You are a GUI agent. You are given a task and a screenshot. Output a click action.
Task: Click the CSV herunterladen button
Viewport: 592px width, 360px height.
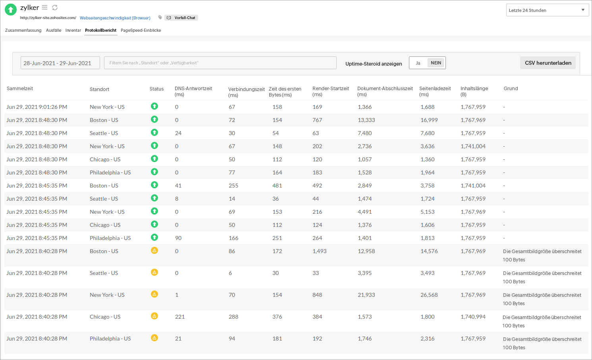pyautogui.click(x=548, y=63)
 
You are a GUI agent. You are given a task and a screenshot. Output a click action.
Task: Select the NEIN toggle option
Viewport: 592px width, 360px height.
pyautogui.click(x=436, y=63)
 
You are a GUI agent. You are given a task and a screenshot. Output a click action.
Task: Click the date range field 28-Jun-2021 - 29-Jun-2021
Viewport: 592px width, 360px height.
pyautogui.click(x=60, y=63)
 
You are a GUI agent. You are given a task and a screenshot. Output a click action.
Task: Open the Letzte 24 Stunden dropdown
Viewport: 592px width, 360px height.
pyautogui.click(x=547, y=10)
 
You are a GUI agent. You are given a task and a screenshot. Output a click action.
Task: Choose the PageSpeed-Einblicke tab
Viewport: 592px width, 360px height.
pyautogui.click(x=141, y=30)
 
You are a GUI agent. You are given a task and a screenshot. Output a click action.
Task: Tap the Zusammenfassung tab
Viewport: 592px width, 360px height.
pyautogui.click(x=23, y=30)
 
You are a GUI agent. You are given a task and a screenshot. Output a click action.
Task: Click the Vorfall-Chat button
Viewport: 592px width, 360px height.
pyautogui.click(x=181, y=18)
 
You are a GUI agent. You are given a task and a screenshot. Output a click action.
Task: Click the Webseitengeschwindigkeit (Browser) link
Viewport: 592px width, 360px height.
pyautogui.click(x=115, y=18)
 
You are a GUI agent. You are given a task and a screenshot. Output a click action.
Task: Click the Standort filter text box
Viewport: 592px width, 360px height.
pyautogui.click(x=220, y=63)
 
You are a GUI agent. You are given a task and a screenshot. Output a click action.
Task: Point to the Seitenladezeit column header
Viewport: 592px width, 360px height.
pyautogui.click(x=435, y=91)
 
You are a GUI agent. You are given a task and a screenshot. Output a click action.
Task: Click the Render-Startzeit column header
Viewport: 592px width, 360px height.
pyautogui.click(x=330, y=91)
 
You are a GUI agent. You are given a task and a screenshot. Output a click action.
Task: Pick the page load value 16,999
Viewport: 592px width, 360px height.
pyautogui.click(x=429, y=120)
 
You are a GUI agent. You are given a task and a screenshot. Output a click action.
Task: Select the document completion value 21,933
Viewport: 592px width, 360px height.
pyautogui.click(x=366, y=295)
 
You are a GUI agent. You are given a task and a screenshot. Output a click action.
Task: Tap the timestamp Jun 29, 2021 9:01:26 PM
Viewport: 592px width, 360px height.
pyautogui.click(x=37, y=107)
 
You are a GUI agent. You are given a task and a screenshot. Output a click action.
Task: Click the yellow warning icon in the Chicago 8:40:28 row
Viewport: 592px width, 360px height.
pyautogui.click(x=154, y=316)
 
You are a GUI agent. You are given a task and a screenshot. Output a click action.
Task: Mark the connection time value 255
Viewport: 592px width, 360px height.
pyautogui.click(x=233, y=186)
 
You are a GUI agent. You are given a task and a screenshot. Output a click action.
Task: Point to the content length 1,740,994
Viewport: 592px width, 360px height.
pyautogui.click(x=473, y=317)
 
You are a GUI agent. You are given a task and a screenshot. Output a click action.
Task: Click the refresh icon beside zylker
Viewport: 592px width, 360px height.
pyautogui.click(x=55, y=8)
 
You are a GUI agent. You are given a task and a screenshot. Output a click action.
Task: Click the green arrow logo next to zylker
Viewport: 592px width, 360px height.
pyautogui.click(x=11, y=10)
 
